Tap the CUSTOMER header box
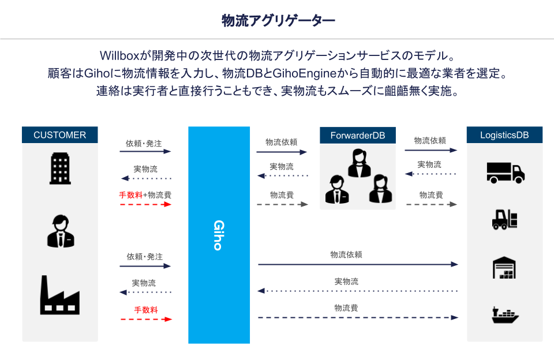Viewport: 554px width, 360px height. coord(60,136)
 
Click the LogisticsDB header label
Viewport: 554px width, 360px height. coord(504,136)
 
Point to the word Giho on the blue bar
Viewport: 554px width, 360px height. coord(218,235)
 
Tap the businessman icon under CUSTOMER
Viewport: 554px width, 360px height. coord(60,231)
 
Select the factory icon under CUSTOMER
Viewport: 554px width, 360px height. coord(59,295)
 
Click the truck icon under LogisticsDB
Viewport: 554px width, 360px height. coord(505,172)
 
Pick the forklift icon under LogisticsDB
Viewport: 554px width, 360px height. coord(504,219)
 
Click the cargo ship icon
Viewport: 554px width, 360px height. coord(505,315)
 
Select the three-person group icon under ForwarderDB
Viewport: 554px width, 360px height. coord(358,177)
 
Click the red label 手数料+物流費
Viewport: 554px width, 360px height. coord(145,195)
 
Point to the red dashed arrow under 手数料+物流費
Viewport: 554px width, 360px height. coord(145,204)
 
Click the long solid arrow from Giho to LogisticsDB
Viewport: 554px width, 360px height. coord(358,264)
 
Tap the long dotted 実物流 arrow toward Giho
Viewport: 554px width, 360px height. coord(358,291)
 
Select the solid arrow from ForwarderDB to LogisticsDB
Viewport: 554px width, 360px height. coord(431,150)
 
